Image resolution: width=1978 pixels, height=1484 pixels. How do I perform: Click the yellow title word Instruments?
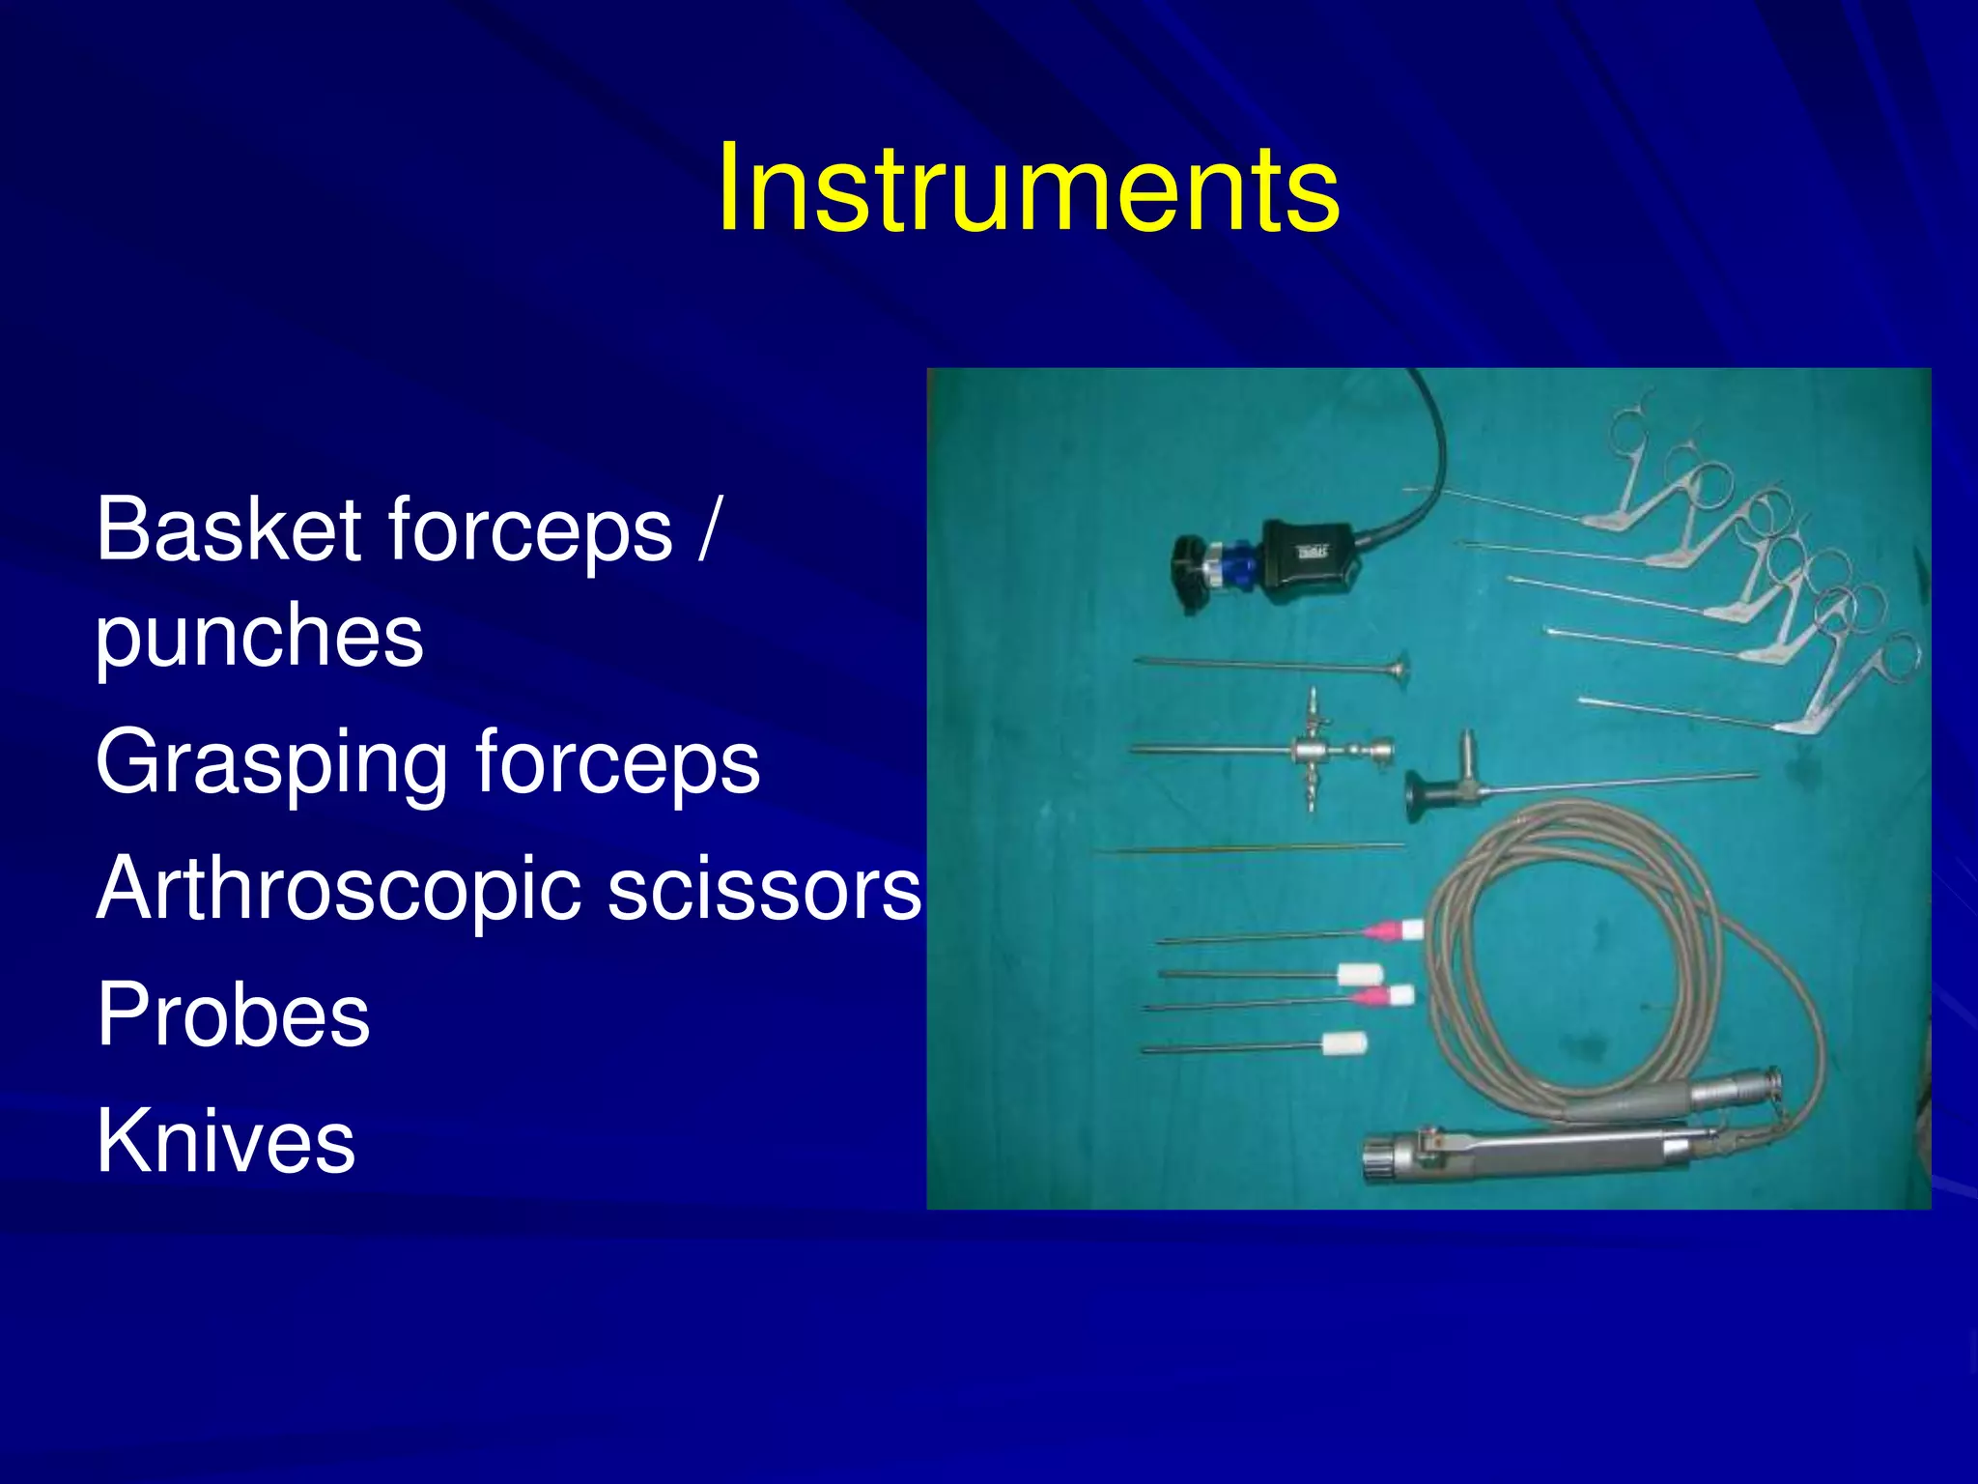(1028, 187)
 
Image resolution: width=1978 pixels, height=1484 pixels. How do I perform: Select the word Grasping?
(270, 763)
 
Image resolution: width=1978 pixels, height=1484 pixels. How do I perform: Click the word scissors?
(763, 889)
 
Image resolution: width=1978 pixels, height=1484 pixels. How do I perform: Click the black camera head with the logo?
(1309, 555)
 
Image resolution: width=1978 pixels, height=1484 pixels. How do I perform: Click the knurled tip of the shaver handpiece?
(1383, 1159)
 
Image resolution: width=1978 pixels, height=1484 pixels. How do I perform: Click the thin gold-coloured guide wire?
(1256, 848)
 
